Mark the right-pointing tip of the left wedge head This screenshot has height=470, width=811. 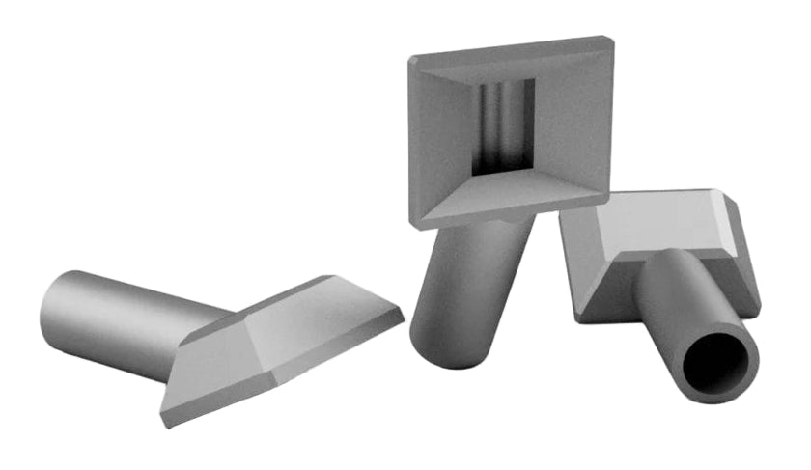[x=402, y=315]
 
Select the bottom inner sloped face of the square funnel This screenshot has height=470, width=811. [x=512, y=193]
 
